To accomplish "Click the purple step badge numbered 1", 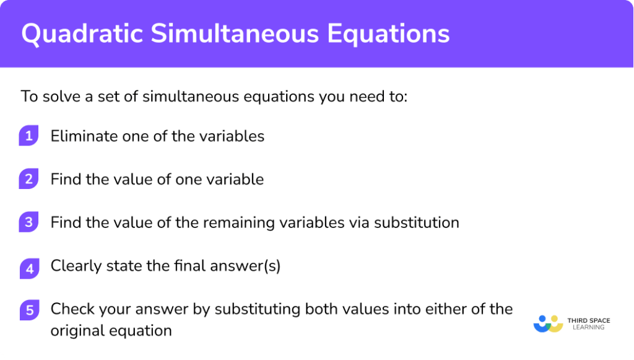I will click(28, 136).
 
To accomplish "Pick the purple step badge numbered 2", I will click(28, 180).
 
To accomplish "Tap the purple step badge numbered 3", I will click(28, 222).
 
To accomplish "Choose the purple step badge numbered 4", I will click(28, 267).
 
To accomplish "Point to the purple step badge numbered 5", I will click(28, 310).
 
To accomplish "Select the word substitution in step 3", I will click(417, 222).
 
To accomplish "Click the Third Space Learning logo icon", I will click(547, 323).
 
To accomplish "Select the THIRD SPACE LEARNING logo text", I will click(588, 323).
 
